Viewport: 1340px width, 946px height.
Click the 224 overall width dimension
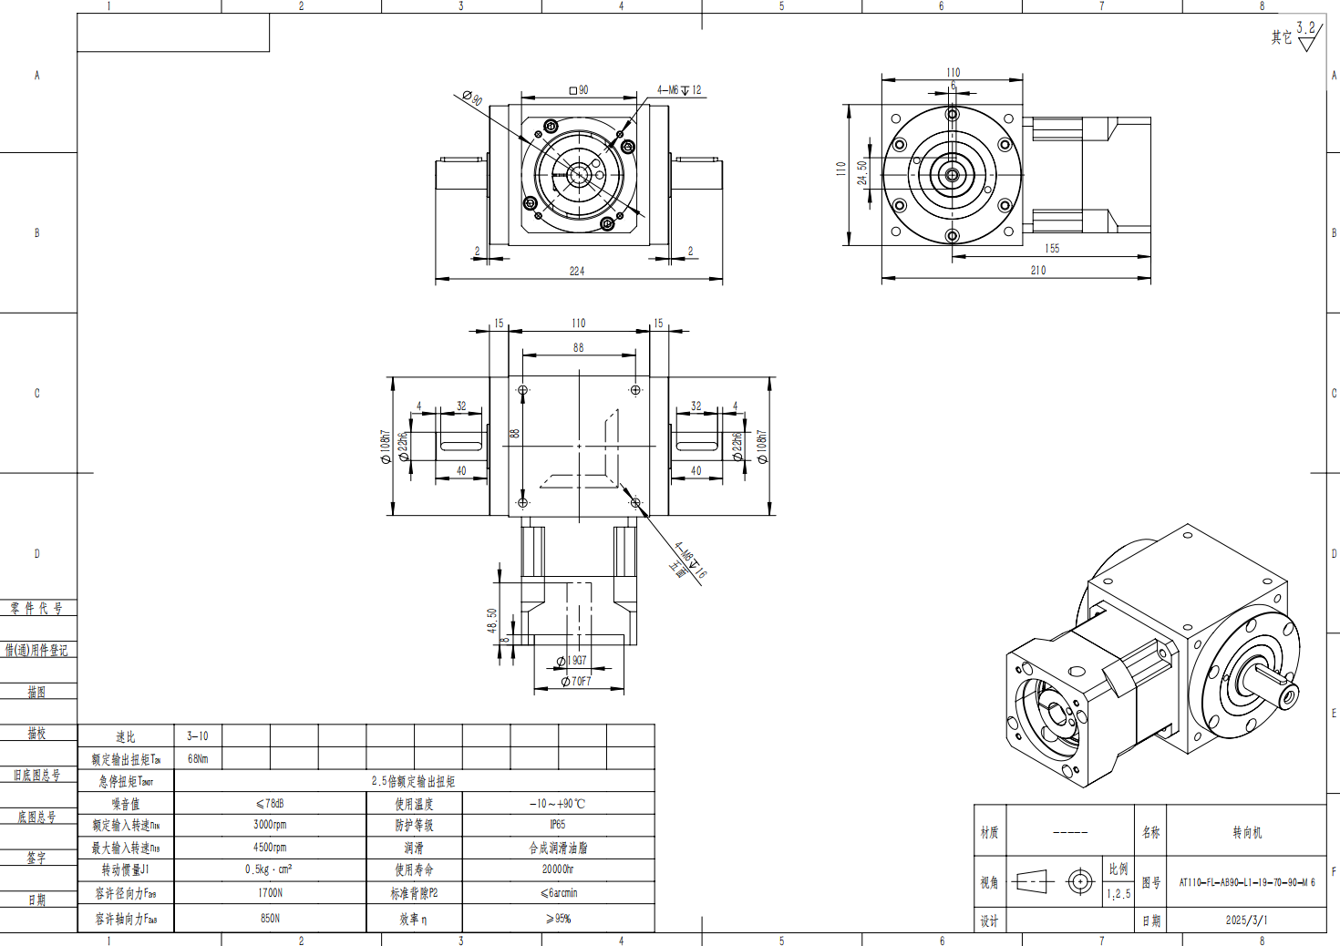pos(576,271)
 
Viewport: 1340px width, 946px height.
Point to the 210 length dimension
pos(1037,270)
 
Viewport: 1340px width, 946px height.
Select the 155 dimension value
pos(1052,248)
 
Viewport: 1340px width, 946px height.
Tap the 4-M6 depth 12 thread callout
pos(679,90)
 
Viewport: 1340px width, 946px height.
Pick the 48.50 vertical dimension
pos(492,621)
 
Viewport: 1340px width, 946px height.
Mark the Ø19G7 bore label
pos(572,661)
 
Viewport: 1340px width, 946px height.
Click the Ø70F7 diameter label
pos(576,681)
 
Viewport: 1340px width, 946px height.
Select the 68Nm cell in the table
pos(198,758)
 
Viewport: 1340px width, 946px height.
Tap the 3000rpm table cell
pos(270,825)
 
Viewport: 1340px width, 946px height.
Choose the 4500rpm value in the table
pos(270,848)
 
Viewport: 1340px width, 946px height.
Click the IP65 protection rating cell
pos(557,825)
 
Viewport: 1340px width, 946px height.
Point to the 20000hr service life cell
pos(557,869)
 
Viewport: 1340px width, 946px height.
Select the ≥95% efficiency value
pos(557,919)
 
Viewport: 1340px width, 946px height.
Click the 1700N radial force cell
pos(270,893)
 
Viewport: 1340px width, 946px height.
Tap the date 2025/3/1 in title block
pos(1246,920)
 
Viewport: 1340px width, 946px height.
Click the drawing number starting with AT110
pos(1246,882)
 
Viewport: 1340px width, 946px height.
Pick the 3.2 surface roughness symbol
pos(1306,34)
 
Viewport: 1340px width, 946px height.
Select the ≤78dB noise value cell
pos(270,804)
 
